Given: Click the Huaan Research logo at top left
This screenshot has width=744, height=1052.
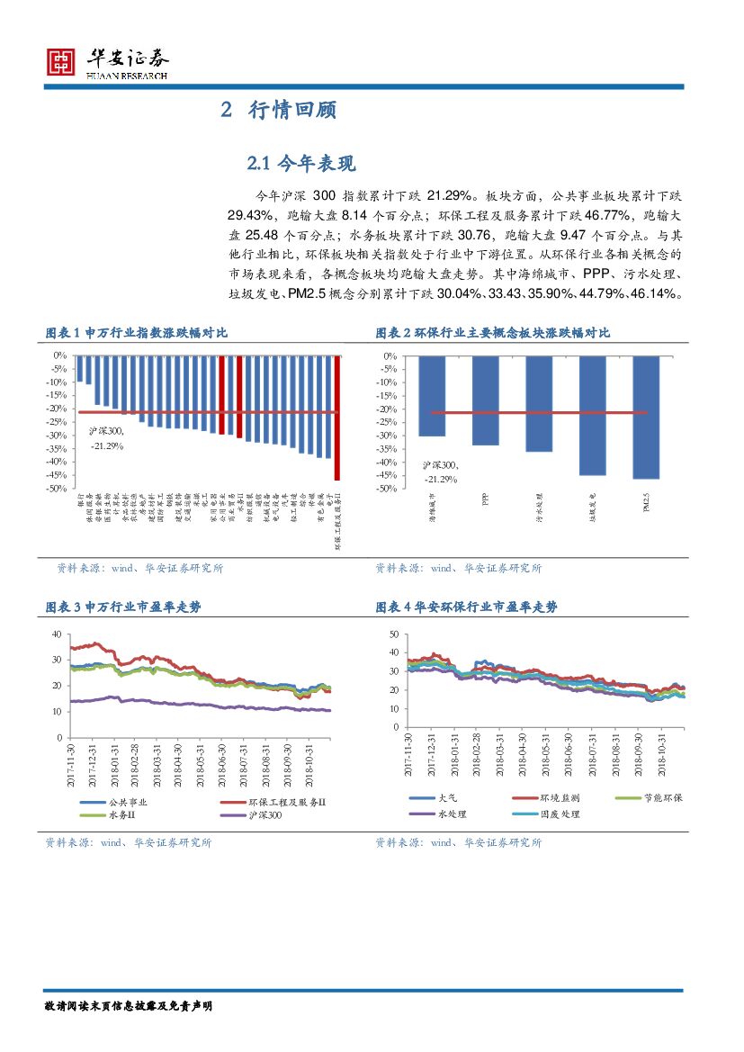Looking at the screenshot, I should pyautogui.click(x=106, y=62).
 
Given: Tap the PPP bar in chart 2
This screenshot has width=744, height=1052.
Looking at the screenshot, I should pyautogui.click(x=486, y=400).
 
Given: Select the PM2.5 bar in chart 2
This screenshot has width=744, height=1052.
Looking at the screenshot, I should pyautogui.click(x=646, y=417).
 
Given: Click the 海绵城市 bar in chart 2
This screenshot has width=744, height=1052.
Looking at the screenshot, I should pyautogui.click(x=432, y=396).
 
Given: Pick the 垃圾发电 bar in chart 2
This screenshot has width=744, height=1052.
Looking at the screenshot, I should pyautogui.click(x=593, y=415).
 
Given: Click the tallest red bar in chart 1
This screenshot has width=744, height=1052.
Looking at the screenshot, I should pyautogui.click(x=337, y=418).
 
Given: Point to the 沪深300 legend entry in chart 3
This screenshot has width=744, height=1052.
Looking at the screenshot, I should pyautogui.click(x=262, y=815).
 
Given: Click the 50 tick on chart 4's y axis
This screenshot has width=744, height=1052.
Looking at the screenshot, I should pyautogui.click(x=391, y=634).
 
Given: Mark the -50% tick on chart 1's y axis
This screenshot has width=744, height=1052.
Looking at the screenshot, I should pyautogui.click(x=58, y=489).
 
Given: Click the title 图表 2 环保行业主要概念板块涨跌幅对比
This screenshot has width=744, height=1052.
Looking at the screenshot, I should pyautogui.click(x=492, y=333).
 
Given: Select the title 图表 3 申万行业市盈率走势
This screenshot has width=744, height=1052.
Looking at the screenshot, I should pyautogui.click(x=123, y=607).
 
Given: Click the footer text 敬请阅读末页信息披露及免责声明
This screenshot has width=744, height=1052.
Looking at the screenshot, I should pyautogui.click(x=130, y=1005).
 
